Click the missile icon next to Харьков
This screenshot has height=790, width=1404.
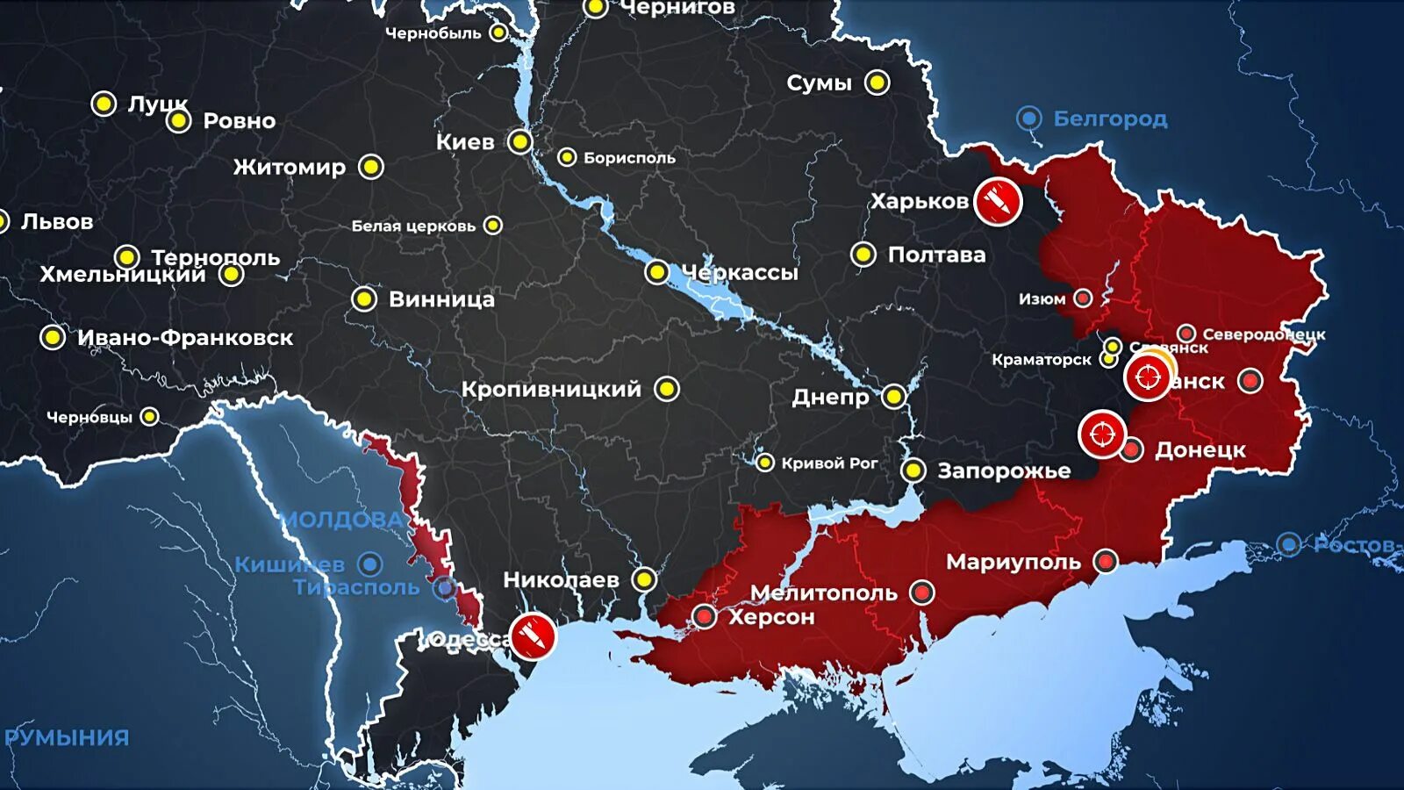(998, 201)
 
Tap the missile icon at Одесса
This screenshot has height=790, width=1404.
(533, 636)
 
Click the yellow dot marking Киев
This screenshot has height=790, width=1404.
(520, 141)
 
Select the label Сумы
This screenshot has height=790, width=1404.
(819, 83)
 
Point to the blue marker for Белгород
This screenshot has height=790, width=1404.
(1028, 118)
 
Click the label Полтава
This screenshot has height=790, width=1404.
(936, 255)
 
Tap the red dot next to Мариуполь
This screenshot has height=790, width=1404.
(1106, 561)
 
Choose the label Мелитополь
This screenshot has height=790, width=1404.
(823, 593)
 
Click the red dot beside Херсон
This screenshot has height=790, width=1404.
(705, 616)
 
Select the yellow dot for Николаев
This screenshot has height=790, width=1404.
(644, 579)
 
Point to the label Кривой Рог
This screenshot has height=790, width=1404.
(829, 463)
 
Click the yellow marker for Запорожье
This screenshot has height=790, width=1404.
(913, 470)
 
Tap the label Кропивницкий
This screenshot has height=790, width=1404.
(551, 390)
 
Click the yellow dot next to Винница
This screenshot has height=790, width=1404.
(364, 299)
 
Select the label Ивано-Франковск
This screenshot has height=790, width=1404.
(185, 338)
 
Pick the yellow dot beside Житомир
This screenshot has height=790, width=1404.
(371, 167)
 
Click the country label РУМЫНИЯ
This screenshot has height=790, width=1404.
(67, 737)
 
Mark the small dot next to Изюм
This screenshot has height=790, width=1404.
(1083, 298)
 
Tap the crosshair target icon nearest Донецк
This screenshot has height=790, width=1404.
(1102, 434)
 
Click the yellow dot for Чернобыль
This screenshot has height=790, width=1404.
(498, 32)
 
